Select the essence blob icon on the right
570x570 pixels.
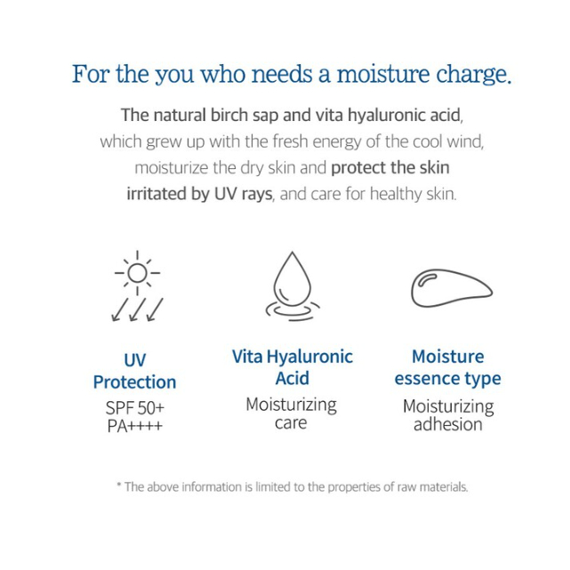click(452, 288)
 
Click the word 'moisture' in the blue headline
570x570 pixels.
click(383, 74)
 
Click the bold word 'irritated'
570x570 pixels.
click(157, 194)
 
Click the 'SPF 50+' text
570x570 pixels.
click(135, 408)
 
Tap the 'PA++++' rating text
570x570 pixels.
click(134, 426)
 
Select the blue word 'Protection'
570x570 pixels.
click(134, 382)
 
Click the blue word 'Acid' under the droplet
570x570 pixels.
click(293, 378)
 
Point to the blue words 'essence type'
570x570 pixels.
click(448, 379)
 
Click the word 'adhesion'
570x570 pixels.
click(448, 424)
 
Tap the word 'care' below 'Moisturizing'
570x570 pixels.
click(291, 423)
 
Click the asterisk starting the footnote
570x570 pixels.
click(119, 485)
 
